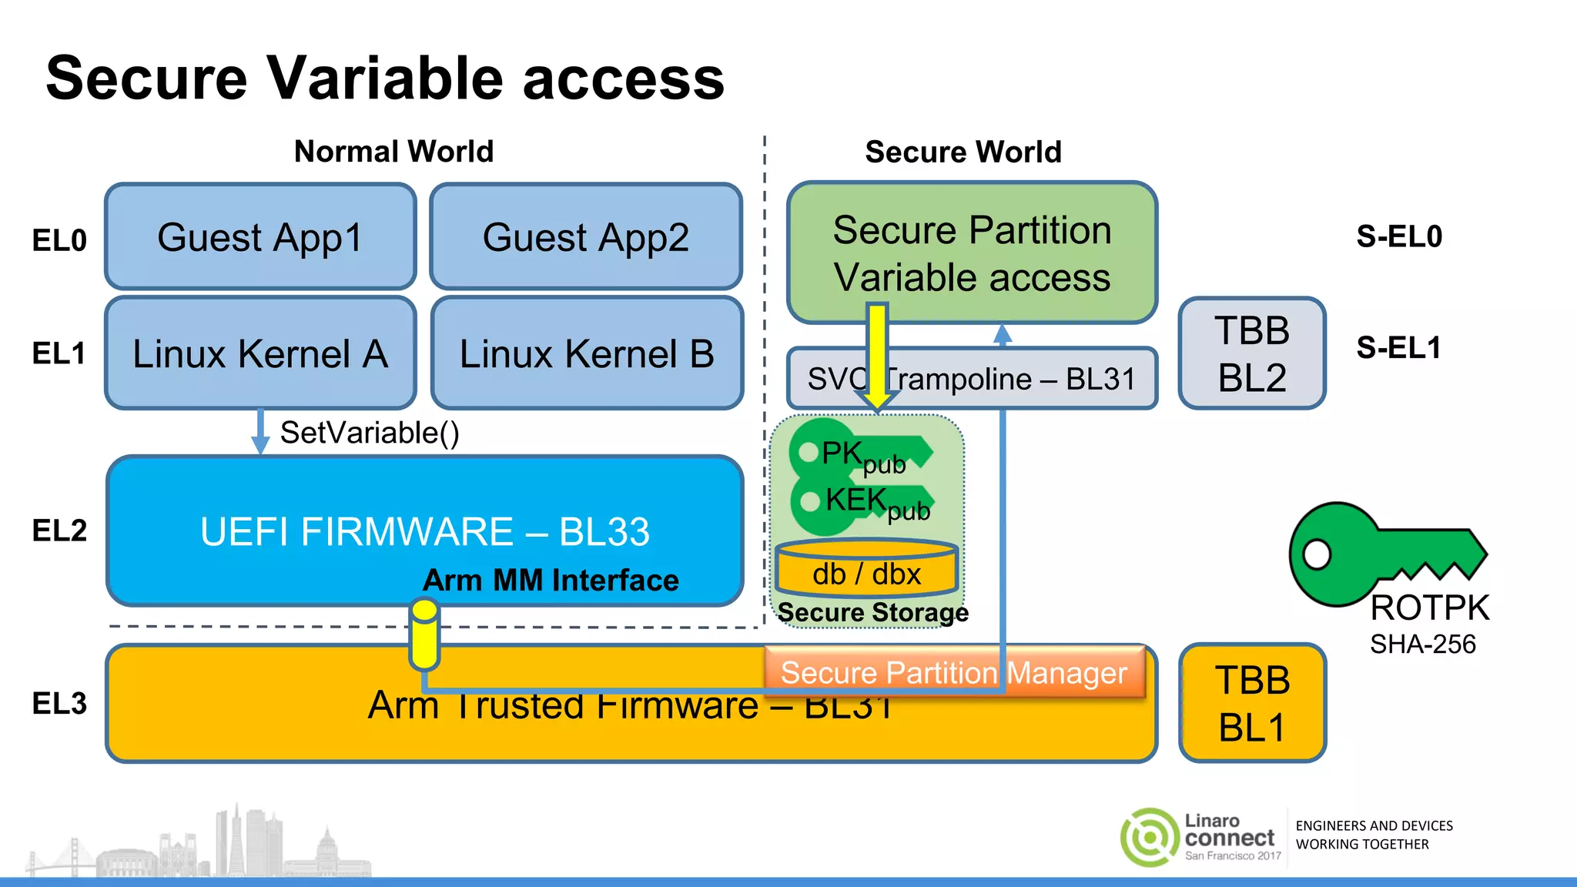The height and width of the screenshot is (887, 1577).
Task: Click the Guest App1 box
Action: pyautogui.click(x=260, y=236)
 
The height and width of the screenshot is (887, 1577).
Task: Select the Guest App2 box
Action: pyautogui.click(x=586, y=236)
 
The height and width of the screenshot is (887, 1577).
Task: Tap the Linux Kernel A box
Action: pyautogui.click(x=260, y=353)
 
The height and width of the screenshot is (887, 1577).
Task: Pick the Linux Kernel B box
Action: pyautogui.click(x=587, y=353)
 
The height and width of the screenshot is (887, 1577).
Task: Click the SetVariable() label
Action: pyautogui.click(x=370, y=433)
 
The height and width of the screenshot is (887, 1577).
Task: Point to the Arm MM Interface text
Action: pyautogui.click(x=551, y=581)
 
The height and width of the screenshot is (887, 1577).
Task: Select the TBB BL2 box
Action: pyautogui.click(x=1252, y=353)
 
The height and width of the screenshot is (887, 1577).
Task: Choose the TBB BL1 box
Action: pyautogui.click(x=1252, y=703)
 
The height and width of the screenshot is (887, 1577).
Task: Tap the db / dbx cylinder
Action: pyautogui.click(x=866, y=570)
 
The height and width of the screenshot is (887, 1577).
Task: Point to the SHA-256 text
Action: pyautogui.click(x=1422, y=644)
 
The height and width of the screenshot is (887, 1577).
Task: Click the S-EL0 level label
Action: pyautogui.click(x=1399, y=236)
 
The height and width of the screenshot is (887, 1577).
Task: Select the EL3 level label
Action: pyautogui.click(x=59, y=703)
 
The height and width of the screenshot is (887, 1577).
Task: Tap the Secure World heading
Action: pyautogui.click(x=963, y=152)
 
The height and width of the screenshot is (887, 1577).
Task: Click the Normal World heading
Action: pyautogui.click(x=393, y=152)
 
